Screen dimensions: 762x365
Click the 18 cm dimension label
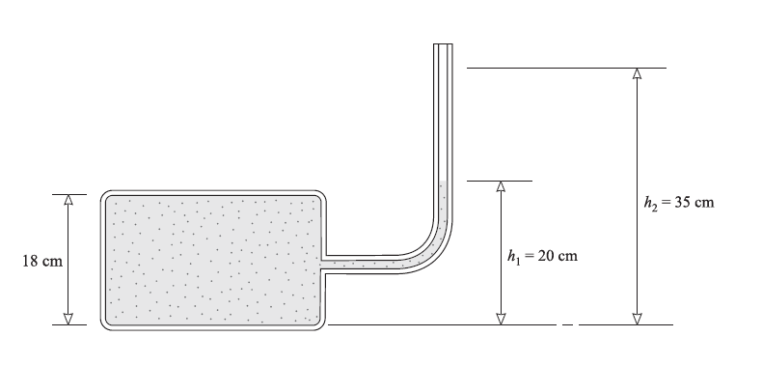pyautogui.click(x=42, y=261)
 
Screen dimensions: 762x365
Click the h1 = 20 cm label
pyautogui.click(x=542, y=256)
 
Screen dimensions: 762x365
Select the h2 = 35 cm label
pyautogui.click(x=679, y=202)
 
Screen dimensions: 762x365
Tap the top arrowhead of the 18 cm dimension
pyautogui.click(x=68, y=200)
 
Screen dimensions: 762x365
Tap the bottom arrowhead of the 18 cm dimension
pyautogui.click(x=68, y=320)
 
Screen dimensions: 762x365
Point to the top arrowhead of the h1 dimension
pyautogui.click(x=501, y=186)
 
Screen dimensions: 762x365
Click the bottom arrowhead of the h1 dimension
pyautogui.click(x=501, y=320)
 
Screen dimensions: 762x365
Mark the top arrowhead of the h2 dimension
pyautogui.click(x=638, y=73)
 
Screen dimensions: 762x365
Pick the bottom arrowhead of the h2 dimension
pyautogui.click(x=638, y=320)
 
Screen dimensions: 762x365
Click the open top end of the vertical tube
pyautogui.click(x=443, y=44)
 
